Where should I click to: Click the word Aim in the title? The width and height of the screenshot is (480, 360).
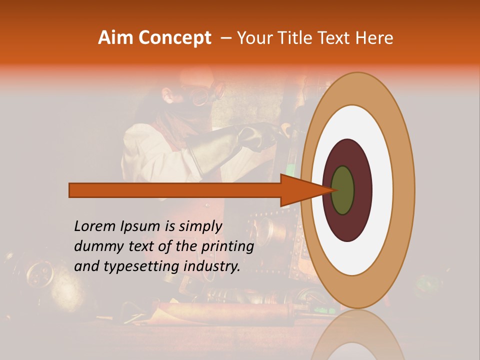(115, 37)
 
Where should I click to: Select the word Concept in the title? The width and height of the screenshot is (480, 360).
(174, 38)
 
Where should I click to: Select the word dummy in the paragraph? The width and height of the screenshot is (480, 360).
(96, 246)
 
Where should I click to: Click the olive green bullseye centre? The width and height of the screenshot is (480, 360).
(343, 190)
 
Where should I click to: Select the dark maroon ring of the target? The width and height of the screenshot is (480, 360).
(361, 190)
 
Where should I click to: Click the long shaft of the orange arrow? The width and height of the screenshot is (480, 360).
(175, 190)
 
